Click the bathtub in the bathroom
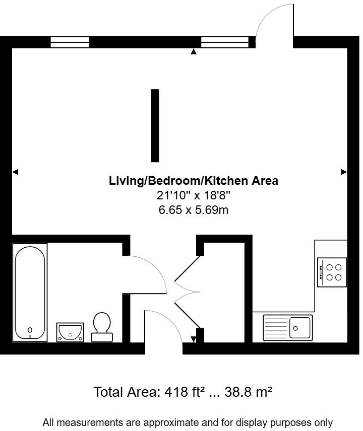[x=30, y=292]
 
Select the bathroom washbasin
[x=70, y=332]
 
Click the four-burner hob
[x=332, y=272]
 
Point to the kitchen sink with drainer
[x=287, y=327]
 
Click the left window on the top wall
[x=70, y=42]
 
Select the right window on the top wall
[x=225, y=42]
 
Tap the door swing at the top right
[x=275, y=23]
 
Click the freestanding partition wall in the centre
[x=155, y=125]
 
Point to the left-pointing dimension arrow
[x=15, y=172]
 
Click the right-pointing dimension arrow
[x=344, y=172]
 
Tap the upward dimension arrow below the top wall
[x=194, y=51]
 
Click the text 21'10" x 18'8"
[x=194, y=195]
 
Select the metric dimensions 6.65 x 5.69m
[x=194, y=210]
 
